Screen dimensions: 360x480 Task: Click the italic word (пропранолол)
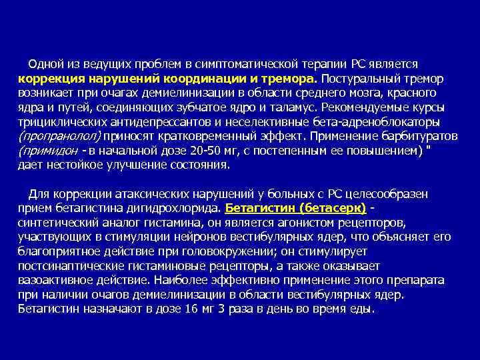coord(59,136)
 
